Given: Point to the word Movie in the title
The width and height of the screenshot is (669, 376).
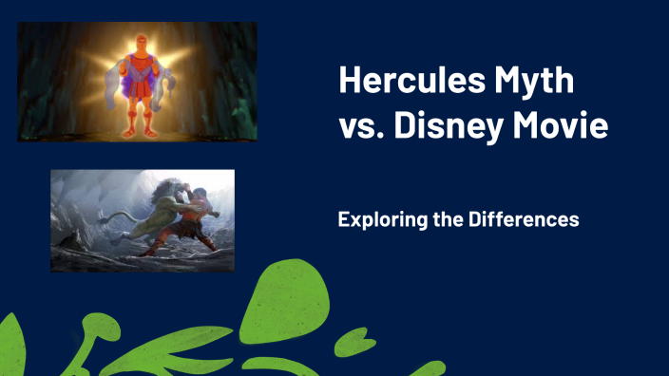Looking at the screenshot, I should click(565, 125).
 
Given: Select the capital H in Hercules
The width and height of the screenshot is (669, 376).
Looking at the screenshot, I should click(350, 83).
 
